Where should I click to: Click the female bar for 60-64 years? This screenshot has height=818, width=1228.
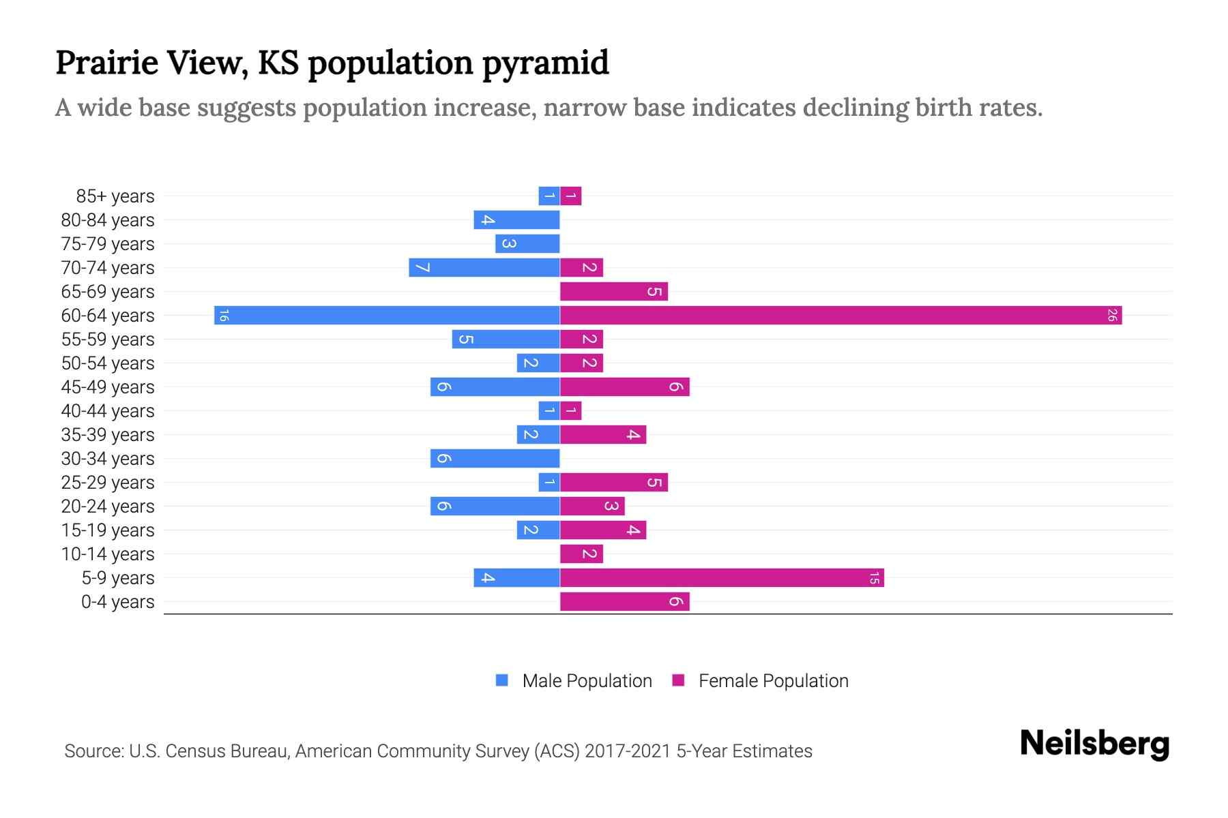tap(840, 316)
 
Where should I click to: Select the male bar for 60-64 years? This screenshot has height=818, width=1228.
tap(387, 316)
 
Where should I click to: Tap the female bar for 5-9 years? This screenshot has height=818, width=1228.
tap(722, 578)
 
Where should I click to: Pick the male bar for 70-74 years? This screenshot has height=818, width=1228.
tap(484, 268)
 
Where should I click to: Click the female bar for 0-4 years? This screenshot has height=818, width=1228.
tap(624, 602)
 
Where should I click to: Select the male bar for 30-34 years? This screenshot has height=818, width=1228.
tap(495, 459)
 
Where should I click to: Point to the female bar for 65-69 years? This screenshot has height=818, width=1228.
tap(613, 292)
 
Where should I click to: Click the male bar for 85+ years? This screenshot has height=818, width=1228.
tap(549, 196)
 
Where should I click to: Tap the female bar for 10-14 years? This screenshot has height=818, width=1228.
tap(581, 554)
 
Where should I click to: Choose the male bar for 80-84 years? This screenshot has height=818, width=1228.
tap(516, 220)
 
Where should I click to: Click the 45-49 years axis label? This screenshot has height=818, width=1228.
tap(108, 387)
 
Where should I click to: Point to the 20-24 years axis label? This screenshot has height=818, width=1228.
tap(108, 506)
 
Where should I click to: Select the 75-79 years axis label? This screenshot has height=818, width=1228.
tap(108, 244)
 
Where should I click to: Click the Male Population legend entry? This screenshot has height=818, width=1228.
tap(586, 681)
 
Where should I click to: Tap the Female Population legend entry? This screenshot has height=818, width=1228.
tap(773, 681)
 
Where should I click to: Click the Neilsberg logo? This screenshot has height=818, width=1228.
tap(1094, 744)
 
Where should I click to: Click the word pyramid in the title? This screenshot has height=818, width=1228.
tap(546, 63)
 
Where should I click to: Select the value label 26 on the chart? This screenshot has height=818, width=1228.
tap(1112, 316)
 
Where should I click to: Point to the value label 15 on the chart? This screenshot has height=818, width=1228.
tap(874, 578)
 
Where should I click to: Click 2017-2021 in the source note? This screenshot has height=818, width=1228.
tap(628, 751)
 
